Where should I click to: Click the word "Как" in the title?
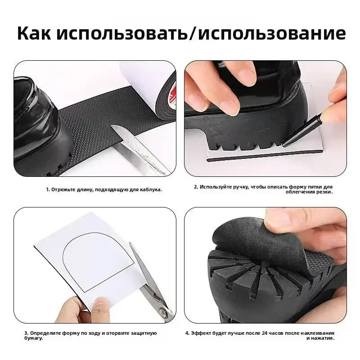click(x=34, y=33)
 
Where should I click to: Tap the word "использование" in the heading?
click(x=272, y=33)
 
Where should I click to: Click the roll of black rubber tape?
click(x=166, y=94)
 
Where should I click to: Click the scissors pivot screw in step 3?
click(x=163, y=312)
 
